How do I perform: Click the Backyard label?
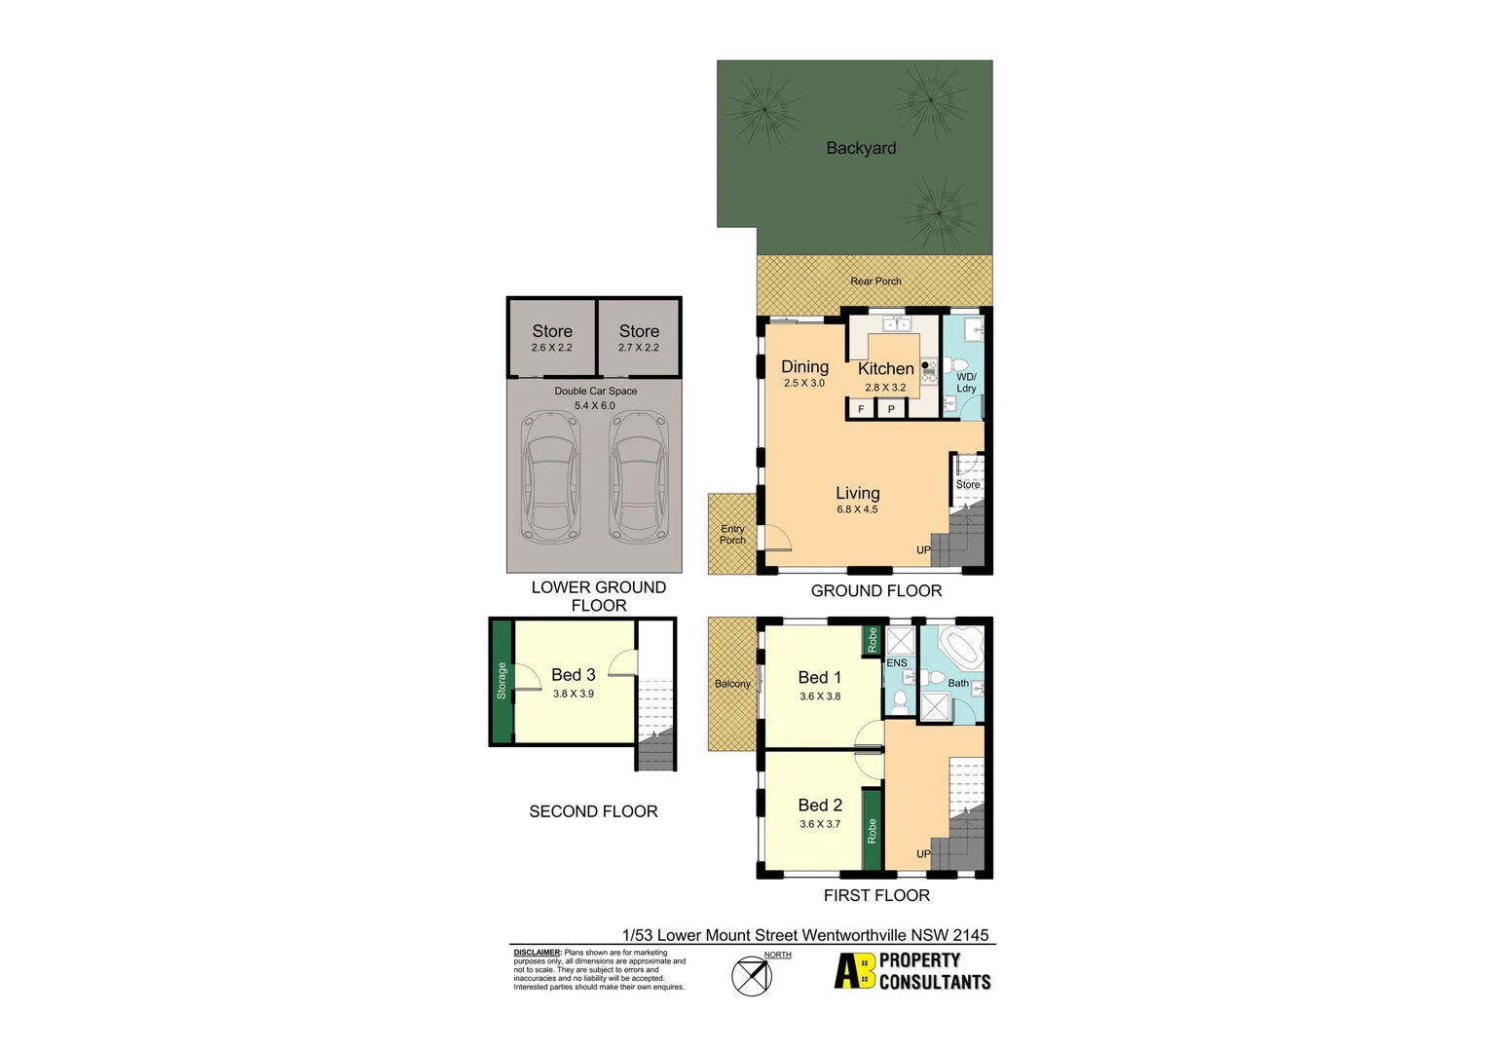pos(861,148)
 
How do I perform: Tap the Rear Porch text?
pos(875,282)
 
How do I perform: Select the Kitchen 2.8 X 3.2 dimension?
pos(885,388)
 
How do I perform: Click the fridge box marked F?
pos(861,409)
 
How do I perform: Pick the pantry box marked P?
pos(891,409)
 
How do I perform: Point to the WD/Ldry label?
pos(966,383)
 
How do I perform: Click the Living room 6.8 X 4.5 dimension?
pos(857,509)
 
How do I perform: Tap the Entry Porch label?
pos(732,535)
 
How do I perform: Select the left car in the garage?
pos(551,476)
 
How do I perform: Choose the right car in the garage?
pos(639,476)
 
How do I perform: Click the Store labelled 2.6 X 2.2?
pos(552,338)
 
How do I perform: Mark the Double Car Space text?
pos(596,392)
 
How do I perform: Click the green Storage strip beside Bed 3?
pos(502,681)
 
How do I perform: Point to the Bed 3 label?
pos(574,675)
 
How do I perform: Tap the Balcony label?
pos(732,684)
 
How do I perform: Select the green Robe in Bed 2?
pos(873,831)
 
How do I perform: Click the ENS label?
pos(897,663)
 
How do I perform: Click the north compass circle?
pos(752,976)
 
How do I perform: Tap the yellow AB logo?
pos(855,971)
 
